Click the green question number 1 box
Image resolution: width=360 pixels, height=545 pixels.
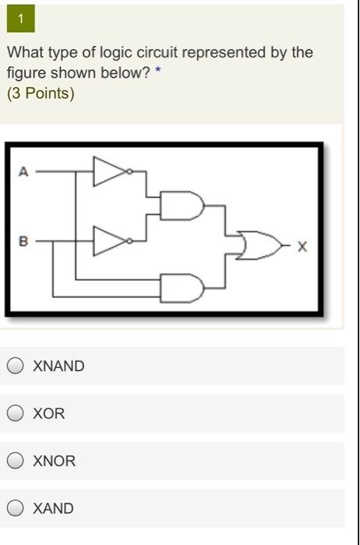point(20,19)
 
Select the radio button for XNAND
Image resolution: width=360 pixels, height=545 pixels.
point(16,366)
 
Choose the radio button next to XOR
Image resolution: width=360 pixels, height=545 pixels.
point(16,413)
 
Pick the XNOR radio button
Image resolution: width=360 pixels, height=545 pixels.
point(16,461)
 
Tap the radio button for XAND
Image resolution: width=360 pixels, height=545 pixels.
point(16,508)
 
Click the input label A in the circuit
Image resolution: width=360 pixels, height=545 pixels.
point(23,171)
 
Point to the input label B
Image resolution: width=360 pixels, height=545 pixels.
point(23,241)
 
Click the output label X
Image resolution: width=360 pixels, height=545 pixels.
point(302,247)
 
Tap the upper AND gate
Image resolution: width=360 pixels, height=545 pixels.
point(182,206)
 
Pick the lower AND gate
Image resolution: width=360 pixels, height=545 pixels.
point(182,289)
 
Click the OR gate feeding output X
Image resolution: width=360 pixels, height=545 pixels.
point(259,245)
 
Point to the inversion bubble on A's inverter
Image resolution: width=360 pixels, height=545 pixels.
point(129,171)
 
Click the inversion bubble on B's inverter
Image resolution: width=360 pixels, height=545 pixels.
point(129,241)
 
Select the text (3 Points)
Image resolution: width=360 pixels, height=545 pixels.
point(41,93)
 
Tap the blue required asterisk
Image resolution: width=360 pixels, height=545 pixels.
point(158,70)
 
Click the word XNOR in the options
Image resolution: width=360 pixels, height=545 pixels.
point(55,461)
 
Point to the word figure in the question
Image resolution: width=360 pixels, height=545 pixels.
point(26,74)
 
